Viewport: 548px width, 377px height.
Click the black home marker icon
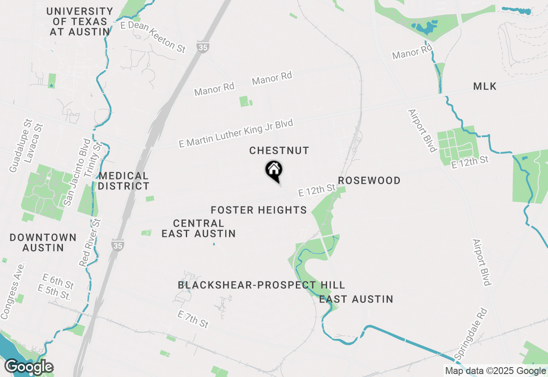click(274, 170)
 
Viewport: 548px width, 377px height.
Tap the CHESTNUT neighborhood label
click(279, 150)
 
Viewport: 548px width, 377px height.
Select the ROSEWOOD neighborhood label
click(369, 180)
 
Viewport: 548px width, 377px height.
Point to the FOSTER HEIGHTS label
click(259, 210)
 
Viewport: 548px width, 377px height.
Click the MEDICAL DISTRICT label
click(124, 181)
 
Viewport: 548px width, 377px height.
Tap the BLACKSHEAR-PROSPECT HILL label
click(261, 285)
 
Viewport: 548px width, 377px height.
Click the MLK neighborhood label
click(485, 87)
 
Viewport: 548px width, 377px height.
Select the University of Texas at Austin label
click(80, 21)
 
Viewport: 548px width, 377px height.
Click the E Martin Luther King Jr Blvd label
click(236, 134)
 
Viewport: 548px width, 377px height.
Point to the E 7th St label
click(193, 319)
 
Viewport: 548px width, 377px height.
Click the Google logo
click(29, 367)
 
